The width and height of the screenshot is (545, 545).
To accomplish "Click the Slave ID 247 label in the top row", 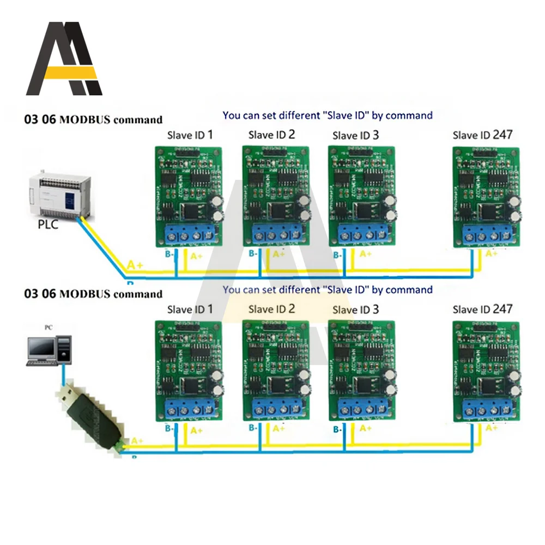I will click(x=482, y=135).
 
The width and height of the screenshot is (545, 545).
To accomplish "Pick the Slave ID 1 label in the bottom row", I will click(x=190, y=309).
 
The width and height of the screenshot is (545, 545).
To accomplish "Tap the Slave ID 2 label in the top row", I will click(x=271, y=135).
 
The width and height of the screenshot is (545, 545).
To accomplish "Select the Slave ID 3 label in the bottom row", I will click(x=355, y=309).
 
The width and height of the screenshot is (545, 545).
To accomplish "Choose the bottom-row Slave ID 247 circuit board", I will click(x=485, y=371).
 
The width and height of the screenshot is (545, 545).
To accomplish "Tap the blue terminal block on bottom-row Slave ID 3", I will click(x=362, y=410).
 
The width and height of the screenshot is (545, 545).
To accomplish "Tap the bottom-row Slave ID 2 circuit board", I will click(x=276, y=371).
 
